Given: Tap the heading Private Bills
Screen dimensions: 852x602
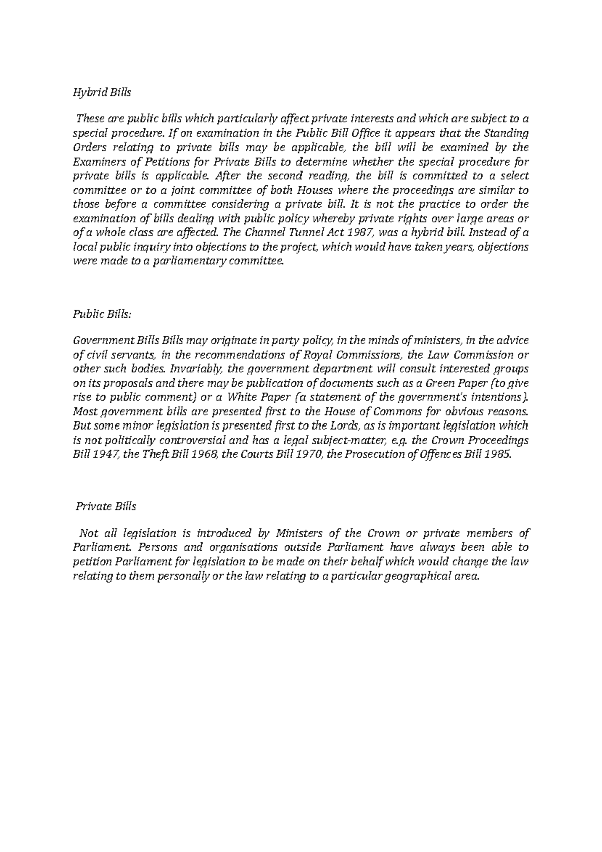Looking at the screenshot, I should pyautogui.click(x=105, y=506).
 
